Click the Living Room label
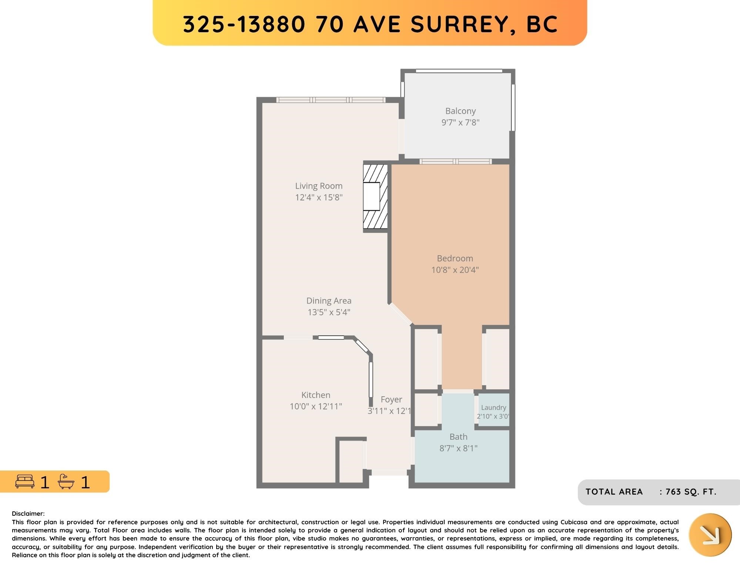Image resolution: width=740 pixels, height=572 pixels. pyautogui.click(x=319, y=186)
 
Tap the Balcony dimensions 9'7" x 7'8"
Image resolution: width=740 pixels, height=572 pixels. pyautogui.click(x=461, y=123)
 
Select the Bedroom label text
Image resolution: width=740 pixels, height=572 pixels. pyautogui.click(x=455, y=258)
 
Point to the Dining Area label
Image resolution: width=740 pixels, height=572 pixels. pyautogui.click(x=329, y=301)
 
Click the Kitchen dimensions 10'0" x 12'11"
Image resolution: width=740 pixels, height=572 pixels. pyautogui.click(x=316, y=407)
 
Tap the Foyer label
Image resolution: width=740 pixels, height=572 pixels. pyautogui.click(x=391, y=399)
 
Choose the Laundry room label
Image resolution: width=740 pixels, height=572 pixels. pyautogui.click(x=493, y=408)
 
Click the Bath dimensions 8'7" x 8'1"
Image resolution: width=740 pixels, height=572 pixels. pyautogui.click(x=458, y=448)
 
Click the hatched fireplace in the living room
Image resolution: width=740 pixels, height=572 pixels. pyautogui.click(x=375, y=197)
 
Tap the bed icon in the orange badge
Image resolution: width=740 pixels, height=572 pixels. pyautogui.click(x=25, y=481)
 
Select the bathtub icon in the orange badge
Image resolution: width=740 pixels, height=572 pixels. pyautogui.click(x=66, y=481)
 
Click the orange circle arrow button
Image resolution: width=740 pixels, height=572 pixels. pyautogui.click(x=710, y=535)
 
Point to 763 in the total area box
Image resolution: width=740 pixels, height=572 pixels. pyautogui.click(x=673, y=492)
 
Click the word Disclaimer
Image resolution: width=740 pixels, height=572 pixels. pyautogui.click(x=28, y=514)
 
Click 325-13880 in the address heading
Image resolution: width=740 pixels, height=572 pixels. pyautogui.click(x=244, y=24)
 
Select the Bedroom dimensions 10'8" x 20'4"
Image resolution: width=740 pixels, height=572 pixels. pyautogui.click(x=455, y=270)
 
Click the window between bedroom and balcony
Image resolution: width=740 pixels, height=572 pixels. pyautogui.click(x=456, y=161)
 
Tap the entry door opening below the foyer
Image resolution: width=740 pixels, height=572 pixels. pyautogui.click(x=389, y=472)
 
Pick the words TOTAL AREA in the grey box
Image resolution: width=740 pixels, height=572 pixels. pyautogui.click(x=614, y=492)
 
